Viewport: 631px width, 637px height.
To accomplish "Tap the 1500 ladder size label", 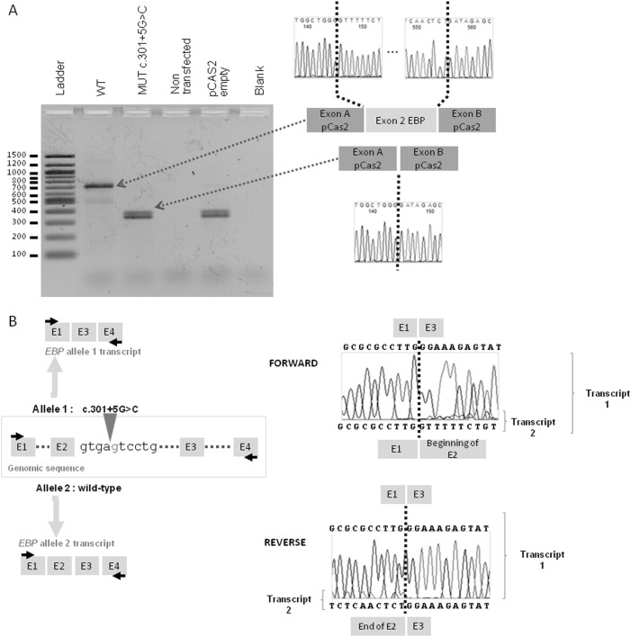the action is (15, 155).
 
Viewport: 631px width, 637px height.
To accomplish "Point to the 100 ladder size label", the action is (19, 255).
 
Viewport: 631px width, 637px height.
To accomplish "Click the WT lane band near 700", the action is (99, 186).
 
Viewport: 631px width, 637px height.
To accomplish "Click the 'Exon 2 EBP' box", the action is (401, 121).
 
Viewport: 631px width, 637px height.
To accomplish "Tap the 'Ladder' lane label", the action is (60, 82).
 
